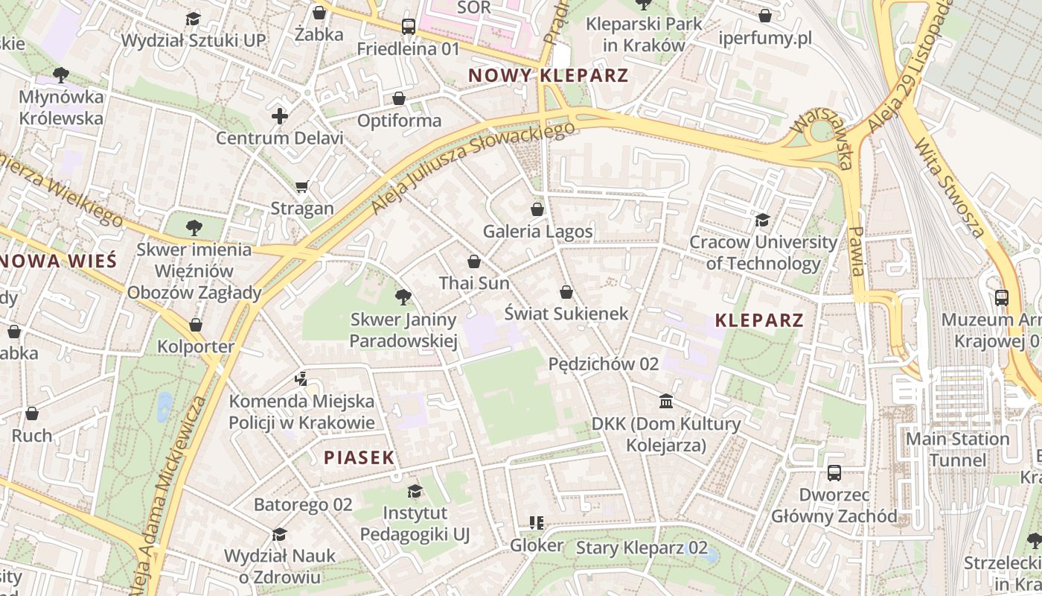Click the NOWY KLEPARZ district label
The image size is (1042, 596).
point(549,75)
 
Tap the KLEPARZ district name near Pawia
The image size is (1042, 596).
point(759,320)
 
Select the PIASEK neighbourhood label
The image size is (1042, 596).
point(359,457)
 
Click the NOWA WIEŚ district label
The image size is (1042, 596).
point(58,261)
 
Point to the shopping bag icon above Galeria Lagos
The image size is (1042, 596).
point(537,209)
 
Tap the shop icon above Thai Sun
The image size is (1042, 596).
point(474,261)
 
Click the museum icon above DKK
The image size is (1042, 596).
point(666,402)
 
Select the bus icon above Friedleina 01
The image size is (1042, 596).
point(408,27)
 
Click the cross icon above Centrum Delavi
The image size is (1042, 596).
point(280,116)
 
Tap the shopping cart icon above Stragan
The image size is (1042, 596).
point(301,186)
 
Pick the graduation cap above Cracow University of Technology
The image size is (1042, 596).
point(762,220)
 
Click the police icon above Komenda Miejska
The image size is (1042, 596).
point(301,379)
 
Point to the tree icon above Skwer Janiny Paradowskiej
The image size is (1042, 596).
point(403,298)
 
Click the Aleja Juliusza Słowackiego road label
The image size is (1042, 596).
point(473,168)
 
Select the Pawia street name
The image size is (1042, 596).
point(856,251)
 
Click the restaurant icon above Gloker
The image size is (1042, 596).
point(536,523)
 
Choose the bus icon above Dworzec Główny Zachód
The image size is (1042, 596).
point(834,473)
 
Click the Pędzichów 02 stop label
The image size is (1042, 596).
point(604,364)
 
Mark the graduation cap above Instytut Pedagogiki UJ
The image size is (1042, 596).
point(415,491)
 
